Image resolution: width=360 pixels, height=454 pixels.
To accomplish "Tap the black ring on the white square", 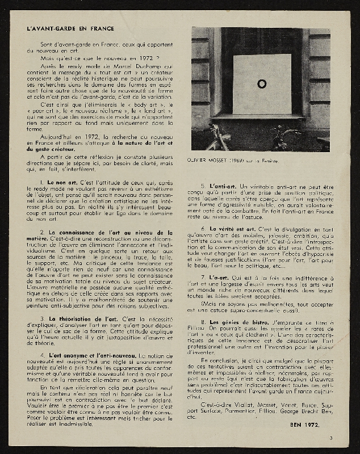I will click(262, 84).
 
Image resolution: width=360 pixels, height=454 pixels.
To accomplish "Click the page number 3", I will click(330, 437).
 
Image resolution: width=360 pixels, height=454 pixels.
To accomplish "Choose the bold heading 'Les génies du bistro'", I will click(238, 322).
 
